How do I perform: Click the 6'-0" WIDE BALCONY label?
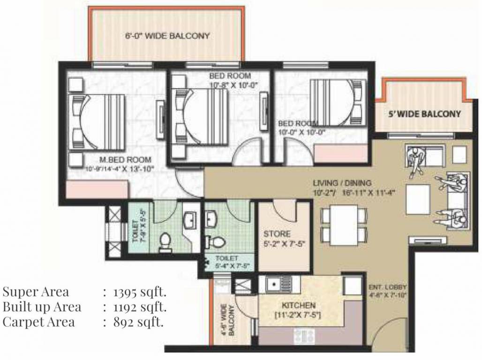(167, 36)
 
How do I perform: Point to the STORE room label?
(277, 233)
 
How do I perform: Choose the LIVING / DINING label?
(342, 183)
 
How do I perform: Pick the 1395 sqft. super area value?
(139, 292)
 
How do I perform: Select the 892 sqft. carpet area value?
(138, 322)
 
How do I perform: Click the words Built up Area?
(42, 307)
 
